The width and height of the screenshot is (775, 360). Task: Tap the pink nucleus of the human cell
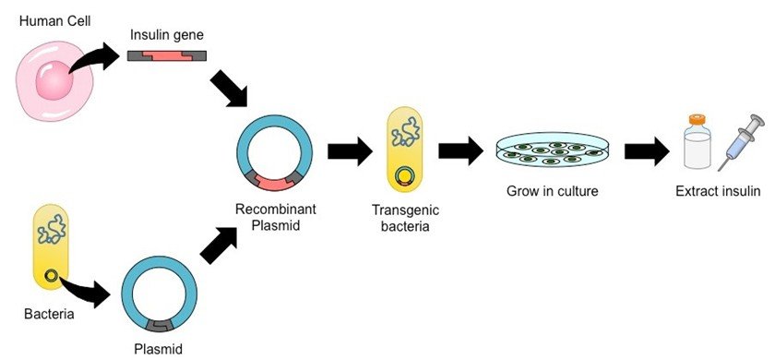[54, 84]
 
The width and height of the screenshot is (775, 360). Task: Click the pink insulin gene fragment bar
[167, 57]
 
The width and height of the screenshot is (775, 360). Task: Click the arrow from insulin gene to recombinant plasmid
[228, 92]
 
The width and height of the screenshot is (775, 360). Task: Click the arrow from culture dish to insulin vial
[649, 150]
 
